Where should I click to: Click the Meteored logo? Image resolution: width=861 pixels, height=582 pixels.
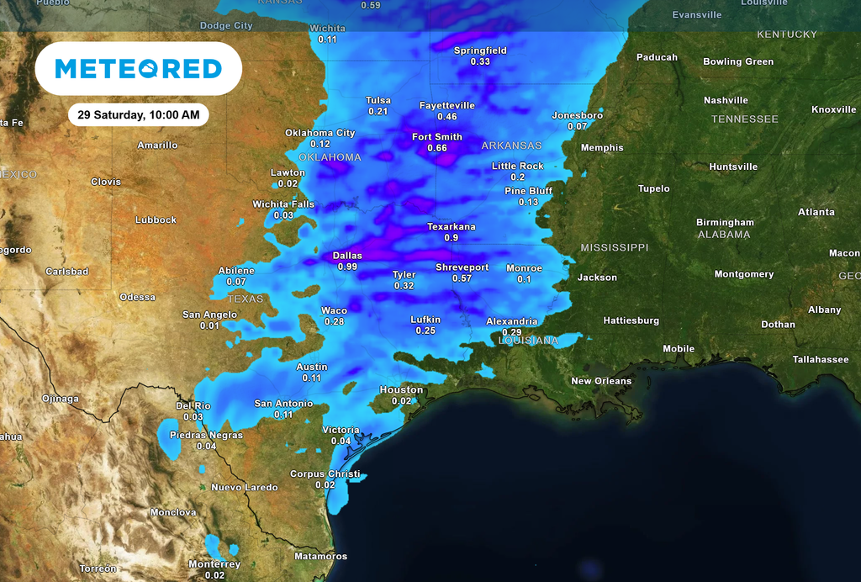(x=138, y=68)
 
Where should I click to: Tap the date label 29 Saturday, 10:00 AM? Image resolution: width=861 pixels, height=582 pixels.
(x=138, y=114)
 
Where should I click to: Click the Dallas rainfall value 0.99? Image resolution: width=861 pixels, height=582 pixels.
(x=347, y=267)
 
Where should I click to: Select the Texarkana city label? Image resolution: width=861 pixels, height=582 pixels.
(x=452, y=226)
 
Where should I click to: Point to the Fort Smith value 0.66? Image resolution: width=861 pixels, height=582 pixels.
(x=437, y=148)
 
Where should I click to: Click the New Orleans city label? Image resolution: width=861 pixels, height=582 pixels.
(x=601, y=381)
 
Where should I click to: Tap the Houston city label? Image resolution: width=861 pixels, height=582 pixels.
(x=401, y=389)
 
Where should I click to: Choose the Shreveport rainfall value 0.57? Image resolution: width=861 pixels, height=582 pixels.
(x=462, y=278)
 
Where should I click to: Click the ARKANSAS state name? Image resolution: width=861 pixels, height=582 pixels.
(x=511, y=145)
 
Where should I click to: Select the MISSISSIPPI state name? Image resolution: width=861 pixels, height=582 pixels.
(x=615, y=247)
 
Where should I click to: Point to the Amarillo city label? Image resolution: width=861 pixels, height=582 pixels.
(x=157, y=145)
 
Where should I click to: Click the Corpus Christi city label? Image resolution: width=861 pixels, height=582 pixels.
(x=325, y=474)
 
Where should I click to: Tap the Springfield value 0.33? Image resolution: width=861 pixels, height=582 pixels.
(x=480, y=61)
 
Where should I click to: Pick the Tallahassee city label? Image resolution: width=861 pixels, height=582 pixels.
(x=821, y=359)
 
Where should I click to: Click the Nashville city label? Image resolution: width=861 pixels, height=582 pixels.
(x=727, y=100)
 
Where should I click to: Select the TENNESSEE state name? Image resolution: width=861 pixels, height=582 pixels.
(x=744, y=119)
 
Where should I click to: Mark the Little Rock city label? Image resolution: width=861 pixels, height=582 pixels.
(x=518, y=166)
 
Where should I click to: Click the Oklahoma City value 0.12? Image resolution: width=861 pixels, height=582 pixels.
(x=320, y=144)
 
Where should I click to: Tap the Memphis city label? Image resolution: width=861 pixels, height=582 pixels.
(x=602, y=147)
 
